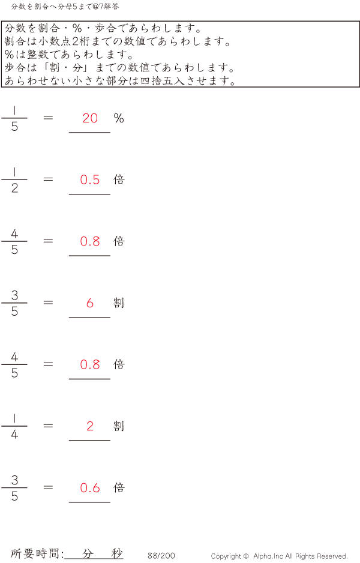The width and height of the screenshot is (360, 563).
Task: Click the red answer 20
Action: tap(90, 118)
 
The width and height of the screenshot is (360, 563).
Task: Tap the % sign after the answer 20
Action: tap(119, 118)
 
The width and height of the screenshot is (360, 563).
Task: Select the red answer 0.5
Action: tap(90, 179)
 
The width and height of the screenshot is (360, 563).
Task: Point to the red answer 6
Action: tap(90, 303)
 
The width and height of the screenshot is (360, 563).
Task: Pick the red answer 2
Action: tap(90, 426)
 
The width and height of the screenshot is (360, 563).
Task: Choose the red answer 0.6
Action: tap(90, 488)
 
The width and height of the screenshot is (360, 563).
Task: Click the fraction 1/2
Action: tap(14, 180)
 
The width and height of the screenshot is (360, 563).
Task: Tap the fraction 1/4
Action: tap(14, 426)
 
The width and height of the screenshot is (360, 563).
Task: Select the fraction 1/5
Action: tap(14, 118)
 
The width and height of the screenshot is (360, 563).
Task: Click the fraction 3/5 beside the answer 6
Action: tap(14, 303)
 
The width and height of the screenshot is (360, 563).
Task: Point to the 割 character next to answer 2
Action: tap(119, 426)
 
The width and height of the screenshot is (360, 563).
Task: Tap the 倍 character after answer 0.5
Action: tap(119, 179)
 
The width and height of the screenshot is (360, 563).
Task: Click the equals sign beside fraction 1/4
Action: tap(49, 426)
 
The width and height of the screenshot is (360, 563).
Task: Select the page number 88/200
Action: tap(161, 556)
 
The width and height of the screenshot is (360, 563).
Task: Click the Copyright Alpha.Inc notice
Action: tap(279, 556)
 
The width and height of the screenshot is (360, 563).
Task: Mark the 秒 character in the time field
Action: tap(116, 554)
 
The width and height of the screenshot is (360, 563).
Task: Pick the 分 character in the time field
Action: tap(88, 554)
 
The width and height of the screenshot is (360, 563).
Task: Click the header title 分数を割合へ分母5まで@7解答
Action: tap(65, 7)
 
